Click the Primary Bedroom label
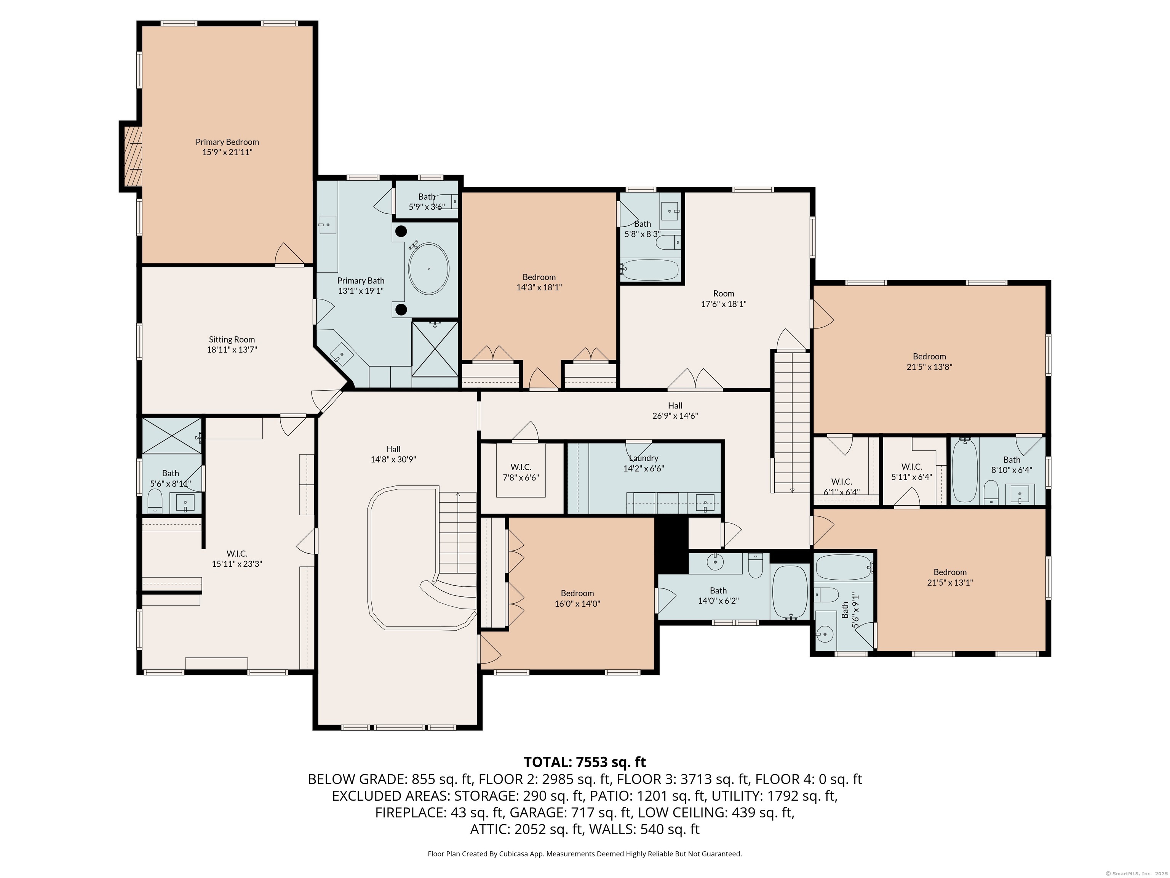pyautogui.click(x=227, y=147)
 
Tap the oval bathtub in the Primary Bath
pyautogui.click(x=428, y=269)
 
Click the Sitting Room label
pyautogui.click(x=232, y=344)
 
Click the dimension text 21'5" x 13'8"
pyautogui.click(x=929, y=367)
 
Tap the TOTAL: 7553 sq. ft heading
pyautogui.click(x=585, y=762)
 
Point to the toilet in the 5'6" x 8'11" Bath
pyautogui.click(x=155, y=501)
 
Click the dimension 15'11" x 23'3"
pyautogui.click(x=237, y=564)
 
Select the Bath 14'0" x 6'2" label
pyautogui.click(x=718, y=595)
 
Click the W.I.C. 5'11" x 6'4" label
pyautogui.click(x=911, y=471)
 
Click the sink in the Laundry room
pyautogui.click(x=705, y=503)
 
